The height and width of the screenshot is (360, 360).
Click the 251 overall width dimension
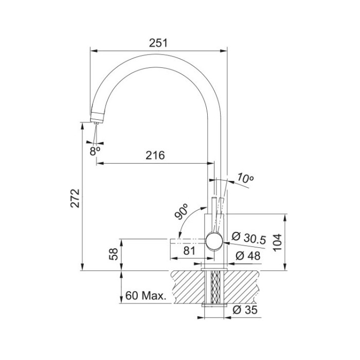point(158,43)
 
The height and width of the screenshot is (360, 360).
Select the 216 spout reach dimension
point(155,155)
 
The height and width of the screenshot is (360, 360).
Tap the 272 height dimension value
point(75,199)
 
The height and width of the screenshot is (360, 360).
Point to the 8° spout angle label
point(95,151)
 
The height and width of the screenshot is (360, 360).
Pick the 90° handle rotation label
point(182,211)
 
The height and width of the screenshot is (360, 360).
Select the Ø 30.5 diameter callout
point(249,238)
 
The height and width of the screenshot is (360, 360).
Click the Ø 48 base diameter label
point(248,256)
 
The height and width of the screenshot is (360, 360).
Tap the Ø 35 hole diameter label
point(245,310)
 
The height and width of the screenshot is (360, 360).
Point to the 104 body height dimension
point(277,242)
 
